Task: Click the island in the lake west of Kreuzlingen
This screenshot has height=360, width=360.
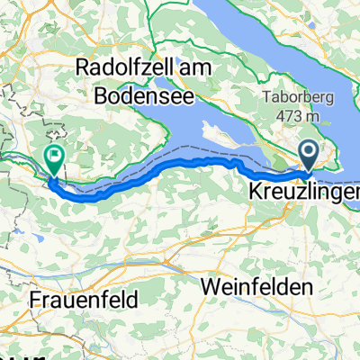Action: [225, 131]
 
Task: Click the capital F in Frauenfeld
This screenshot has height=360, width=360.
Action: [35, 298]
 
